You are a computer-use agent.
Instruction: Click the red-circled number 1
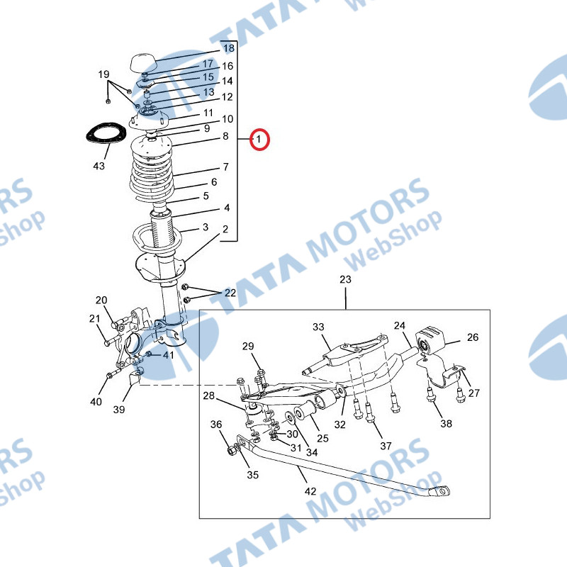259,139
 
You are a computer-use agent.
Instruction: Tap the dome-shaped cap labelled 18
142,63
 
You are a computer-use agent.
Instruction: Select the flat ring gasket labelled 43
106,133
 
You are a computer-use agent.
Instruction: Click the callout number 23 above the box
345,279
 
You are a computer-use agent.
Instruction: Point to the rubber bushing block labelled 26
430,340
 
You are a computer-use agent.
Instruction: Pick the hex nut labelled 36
232,451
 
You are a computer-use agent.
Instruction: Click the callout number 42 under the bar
310,491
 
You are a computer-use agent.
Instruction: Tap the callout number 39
119,410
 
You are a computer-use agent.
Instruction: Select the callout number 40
96,401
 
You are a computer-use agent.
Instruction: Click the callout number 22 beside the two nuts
230,293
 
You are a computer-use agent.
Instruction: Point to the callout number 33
318,327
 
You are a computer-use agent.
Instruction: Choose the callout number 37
386,446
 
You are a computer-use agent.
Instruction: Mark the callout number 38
446,423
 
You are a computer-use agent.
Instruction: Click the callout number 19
103,74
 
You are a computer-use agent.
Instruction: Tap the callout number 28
208,395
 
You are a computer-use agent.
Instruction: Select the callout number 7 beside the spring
225,167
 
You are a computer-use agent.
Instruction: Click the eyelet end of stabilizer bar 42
439,491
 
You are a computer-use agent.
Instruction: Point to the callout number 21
94,318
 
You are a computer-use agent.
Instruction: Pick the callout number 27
473,393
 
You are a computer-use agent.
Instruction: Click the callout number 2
225,229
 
